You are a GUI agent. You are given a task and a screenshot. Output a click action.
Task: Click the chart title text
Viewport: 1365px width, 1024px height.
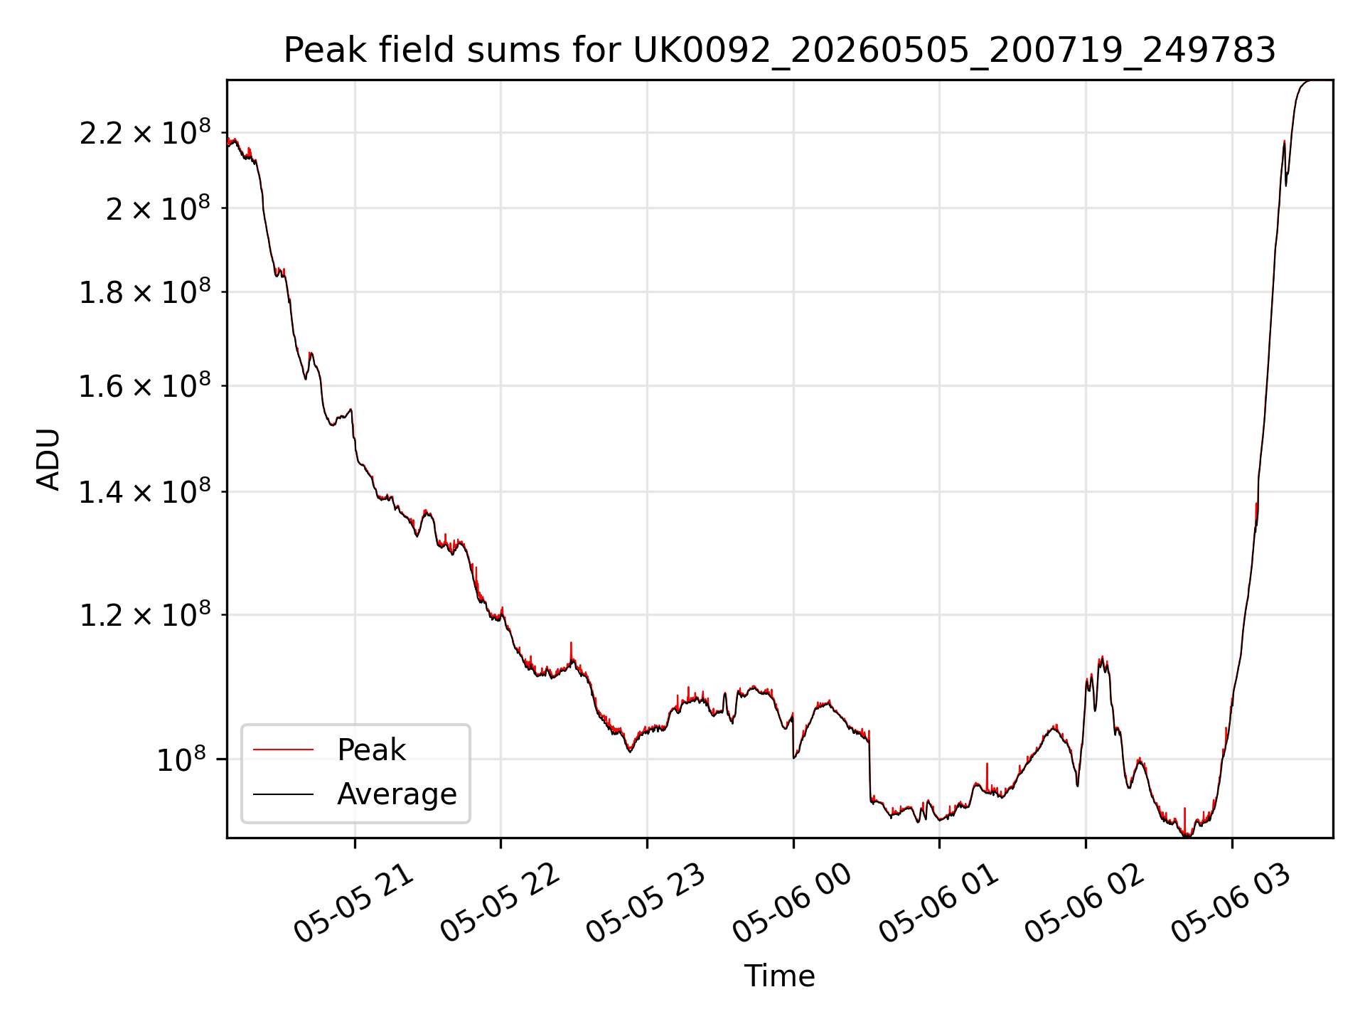(x=780, y=50)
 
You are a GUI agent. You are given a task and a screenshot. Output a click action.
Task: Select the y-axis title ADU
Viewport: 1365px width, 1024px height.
(x=48, y=459)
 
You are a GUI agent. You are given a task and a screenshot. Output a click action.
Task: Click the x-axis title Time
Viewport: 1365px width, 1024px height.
(x=779, y=976)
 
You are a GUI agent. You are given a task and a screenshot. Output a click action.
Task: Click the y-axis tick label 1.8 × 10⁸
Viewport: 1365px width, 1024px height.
(x=145, y=291)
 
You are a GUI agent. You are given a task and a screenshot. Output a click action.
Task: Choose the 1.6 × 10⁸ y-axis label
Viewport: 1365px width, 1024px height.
(x=145, y=385)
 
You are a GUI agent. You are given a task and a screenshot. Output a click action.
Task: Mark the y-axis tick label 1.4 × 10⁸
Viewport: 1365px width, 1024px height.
(x=145, y=491)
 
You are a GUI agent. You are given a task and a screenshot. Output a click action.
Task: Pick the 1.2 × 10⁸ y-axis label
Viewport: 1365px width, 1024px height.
(x=145, y=614)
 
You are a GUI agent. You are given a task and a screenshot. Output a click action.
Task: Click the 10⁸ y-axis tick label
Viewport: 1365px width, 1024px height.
(x=181, y=759)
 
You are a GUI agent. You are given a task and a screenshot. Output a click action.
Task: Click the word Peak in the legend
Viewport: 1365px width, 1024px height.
(x=371, y=750)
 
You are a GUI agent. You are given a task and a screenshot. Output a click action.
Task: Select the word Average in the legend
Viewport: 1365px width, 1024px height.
(x=397, y=794)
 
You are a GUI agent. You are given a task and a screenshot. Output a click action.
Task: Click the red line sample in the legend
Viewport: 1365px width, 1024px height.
(x=283, y=750)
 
